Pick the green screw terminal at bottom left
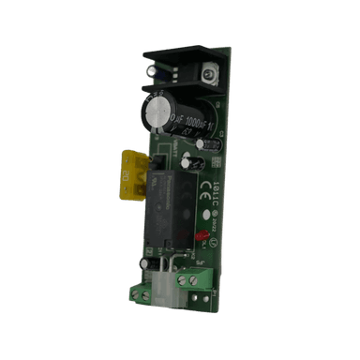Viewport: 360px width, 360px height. tap(141, 294)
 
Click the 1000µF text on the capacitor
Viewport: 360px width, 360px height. tap(194, 122)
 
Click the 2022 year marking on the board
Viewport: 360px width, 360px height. tap(213, 225)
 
